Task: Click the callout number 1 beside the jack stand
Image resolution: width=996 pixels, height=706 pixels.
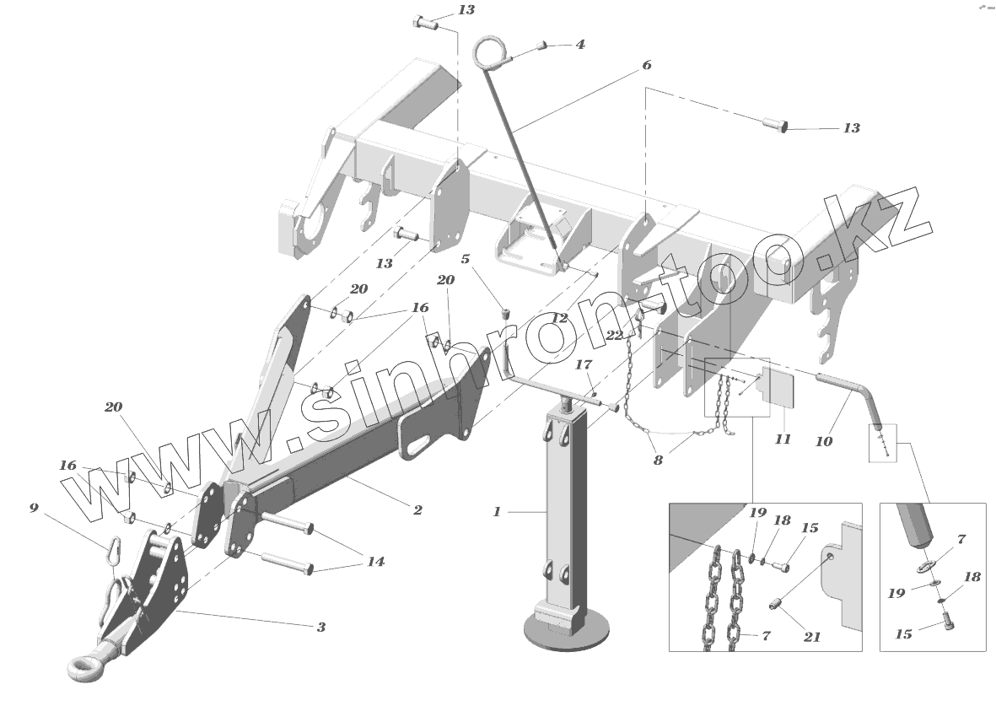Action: click(498, 511)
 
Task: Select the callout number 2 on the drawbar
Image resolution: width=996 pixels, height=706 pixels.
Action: click(417, 509)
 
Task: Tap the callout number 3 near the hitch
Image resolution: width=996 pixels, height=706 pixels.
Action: click(321, 627)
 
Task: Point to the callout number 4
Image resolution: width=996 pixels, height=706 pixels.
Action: click(579, 44)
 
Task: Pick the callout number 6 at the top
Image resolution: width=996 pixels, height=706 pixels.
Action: click(647, 65)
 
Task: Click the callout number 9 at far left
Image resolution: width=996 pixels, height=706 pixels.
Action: click(34, 508)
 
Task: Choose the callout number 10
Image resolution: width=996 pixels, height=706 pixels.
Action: click(824, 440)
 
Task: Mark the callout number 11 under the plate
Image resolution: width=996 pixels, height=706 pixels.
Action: click(783, 439)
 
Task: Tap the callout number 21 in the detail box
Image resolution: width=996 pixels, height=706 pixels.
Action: click(811, 637)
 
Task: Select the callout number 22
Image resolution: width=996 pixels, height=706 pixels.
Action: click(615, 335)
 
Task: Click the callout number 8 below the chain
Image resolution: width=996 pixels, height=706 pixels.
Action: click(659, 461)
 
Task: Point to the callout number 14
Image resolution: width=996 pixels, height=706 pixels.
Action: click(375, 561)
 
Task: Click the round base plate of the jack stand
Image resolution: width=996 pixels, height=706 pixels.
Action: click(566, 630)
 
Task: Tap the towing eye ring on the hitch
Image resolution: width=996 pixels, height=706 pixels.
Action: click(85, 669)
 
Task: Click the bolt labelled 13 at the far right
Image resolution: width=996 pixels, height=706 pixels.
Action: click(775, 126)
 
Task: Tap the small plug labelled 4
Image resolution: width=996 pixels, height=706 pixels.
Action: click(544, 45)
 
